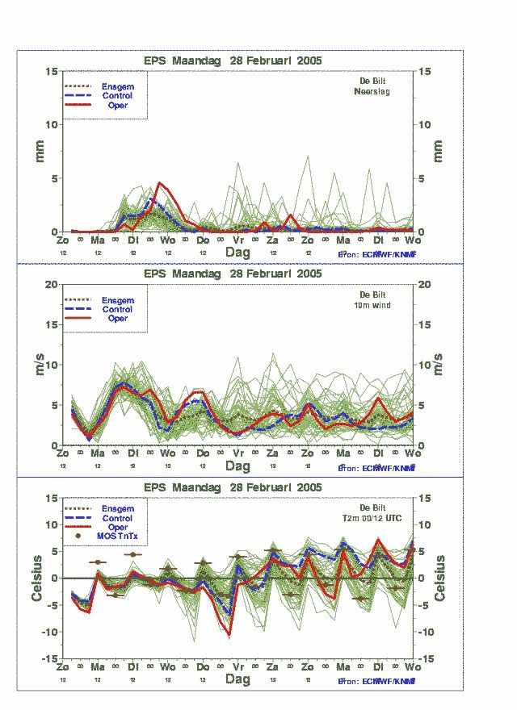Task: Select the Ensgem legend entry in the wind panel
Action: point(117,300)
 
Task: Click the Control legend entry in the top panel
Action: point(117,96)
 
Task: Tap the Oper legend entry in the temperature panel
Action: point(117,527)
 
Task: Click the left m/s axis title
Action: point(38,365)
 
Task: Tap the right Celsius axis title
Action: point(439,578)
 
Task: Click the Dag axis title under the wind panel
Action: point(237,466)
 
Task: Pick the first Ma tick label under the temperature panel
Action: point(97,667)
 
